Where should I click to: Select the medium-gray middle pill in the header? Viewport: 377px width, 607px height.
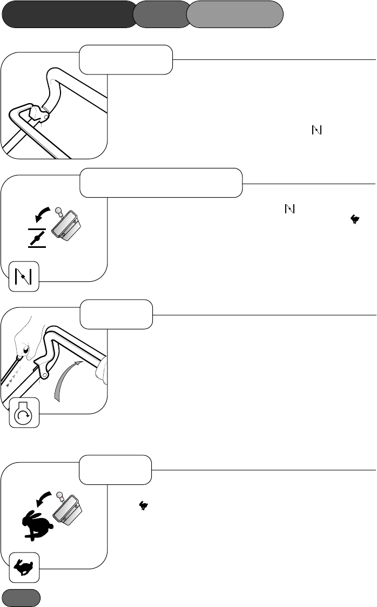[x=160, y=14]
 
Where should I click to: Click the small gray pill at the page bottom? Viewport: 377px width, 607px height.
[x=21, y=597]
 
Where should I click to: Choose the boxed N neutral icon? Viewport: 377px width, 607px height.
[x=24, y=276]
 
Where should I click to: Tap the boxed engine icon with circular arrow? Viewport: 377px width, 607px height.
[x=24, y=413]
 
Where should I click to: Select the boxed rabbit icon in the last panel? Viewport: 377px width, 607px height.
[x=24, y=568]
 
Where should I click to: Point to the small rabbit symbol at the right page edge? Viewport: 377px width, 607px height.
[x=355, y=219]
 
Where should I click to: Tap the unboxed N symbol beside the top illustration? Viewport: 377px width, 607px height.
[x=317, y=130]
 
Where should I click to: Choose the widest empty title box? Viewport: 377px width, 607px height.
[x=160, y=183]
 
